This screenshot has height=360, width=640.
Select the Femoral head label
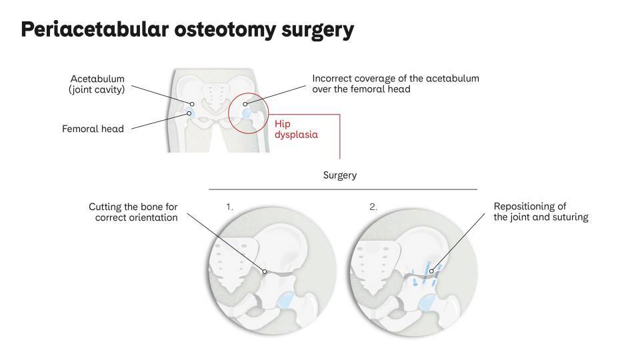[x=93, y=129]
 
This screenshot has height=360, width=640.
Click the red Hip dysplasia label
[x=296, y=129]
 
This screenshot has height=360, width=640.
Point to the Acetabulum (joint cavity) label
[x=97, y=84]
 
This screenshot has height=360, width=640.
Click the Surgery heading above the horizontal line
[x=339, y=175]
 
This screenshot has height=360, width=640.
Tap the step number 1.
[x=230, y=207]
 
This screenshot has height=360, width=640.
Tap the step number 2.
[x=373, y=207]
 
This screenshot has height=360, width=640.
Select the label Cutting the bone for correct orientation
[x=133, y=212]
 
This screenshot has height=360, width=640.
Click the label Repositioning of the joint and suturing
[x=541, y=212]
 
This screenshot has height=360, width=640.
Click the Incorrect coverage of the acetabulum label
[x=395, y=83]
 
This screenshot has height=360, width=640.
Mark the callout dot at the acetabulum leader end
[x=192, y=104]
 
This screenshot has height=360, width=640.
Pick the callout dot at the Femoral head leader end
[x=189, y=113]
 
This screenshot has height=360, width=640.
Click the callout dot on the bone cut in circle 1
[x=265, y=271]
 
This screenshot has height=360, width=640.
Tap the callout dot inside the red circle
[x=245, y=104]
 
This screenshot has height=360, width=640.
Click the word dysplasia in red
[x=296, y=134]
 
